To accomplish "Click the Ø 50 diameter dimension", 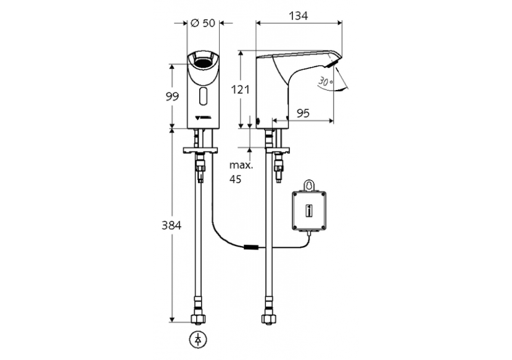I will (x=202, y=23).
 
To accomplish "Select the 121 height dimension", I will (x=241, y=89).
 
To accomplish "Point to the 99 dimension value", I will (x=172, y=96).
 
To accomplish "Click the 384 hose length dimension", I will (x=171, y=226).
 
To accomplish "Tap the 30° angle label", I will (x=326, y=81).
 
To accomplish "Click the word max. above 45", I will (x=239, y=165).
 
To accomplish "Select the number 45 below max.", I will (x=236, y=179).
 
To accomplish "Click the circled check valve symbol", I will (x=197, y=338).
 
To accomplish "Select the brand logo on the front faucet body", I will (x=203, y=116).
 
